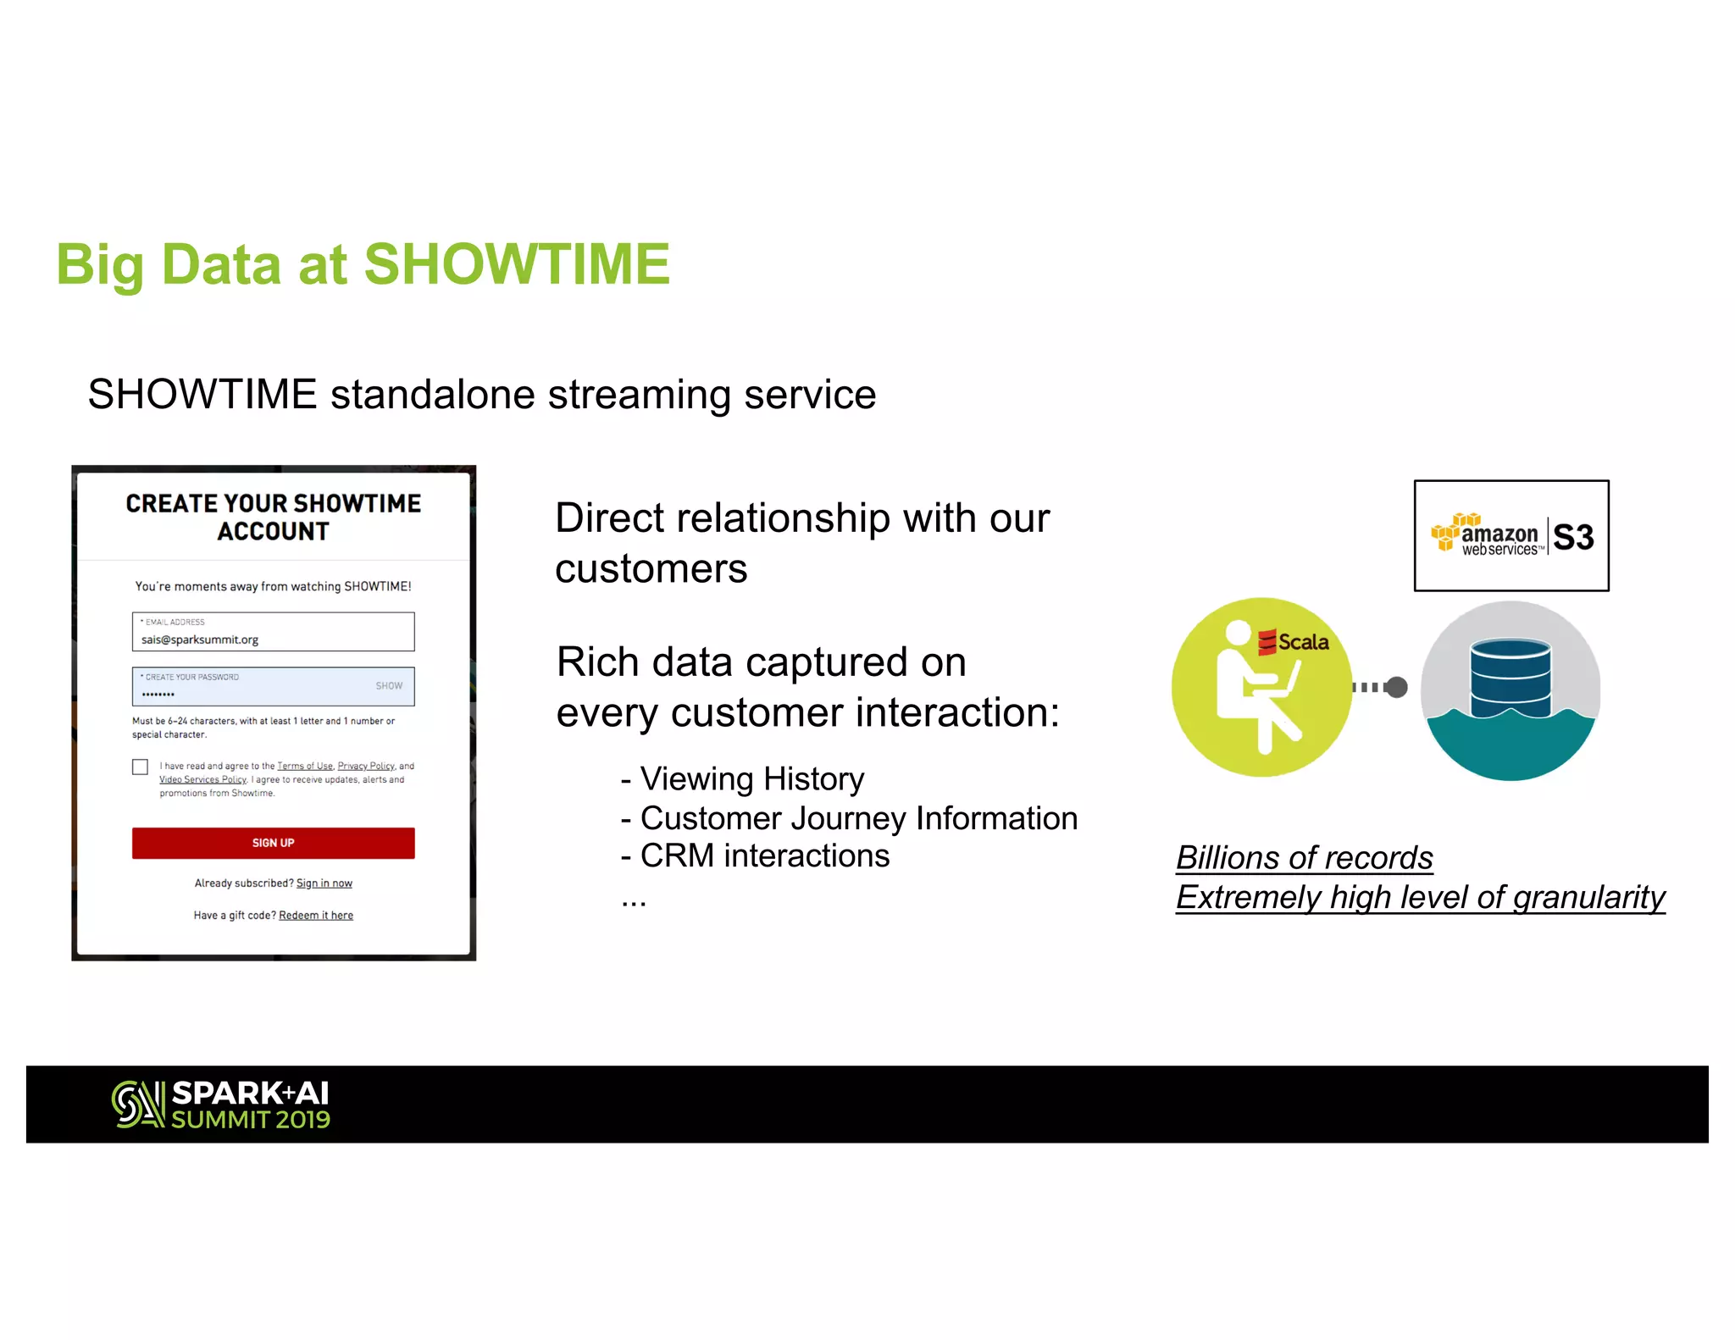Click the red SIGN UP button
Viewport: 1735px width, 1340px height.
pos(273,843)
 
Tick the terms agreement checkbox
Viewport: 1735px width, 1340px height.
pos(141,767)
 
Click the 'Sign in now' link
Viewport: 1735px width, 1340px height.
pos(324,883)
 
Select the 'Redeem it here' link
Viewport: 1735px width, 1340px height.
pos(315,916)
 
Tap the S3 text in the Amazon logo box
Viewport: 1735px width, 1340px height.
pos(1573,538)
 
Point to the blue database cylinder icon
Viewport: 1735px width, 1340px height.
pos(1511,678)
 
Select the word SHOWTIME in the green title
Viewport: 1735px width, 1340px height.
pos(516,264)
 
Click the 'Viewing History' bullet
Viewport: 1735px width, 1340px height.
pos(751,778)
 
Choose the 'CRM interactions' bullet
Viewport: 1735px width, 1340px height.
pos(764,856)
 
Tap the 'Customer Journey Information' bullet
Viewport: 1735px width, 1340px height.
pos(858,818)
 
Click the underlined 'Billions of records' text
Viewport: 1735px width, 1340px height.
pos(1304,858)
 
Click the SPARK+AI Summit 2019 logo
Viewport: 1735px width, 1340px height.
pos(221,1105)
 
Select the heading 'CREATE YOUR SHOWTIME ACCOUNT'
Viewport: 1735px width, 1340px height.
pos(273,517)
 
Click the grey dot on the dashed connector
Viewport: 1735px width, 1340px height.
pos(1397,687)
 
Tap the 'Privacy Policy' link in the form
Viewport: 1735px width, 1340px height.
pos(366,766)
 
